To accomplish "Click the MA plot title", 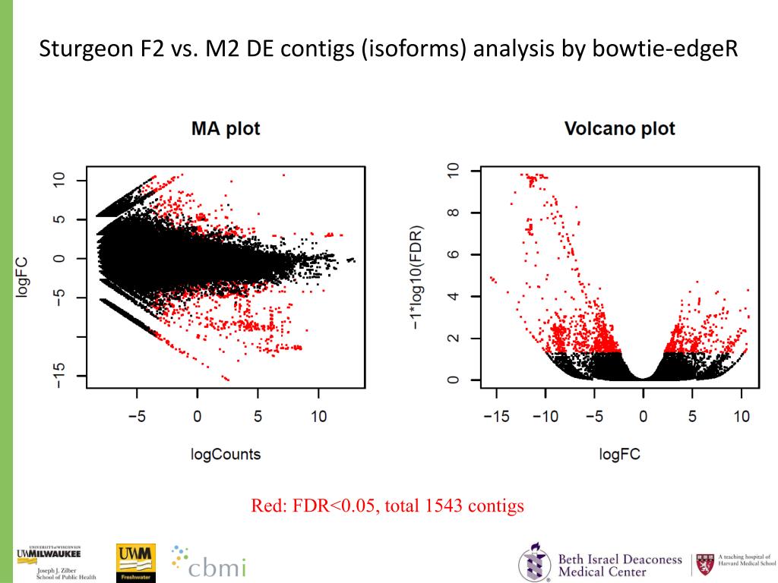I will coord(225,129).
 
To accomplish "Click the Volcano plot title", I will coord(619,129).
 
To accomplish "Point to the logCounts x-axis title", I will coord(225,455).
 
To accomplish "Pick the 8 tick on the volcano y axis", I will coord(454,213).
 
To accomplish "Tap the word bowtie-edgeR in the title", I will coord(672,51).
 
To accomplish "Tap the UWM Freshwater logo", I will coord(135,563).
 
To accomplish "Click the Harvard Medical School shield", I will coord(706,564).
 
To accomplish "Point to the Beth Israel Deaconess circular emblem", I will coord(535,564).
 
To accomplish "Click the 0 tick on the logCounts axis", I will coord(197,416).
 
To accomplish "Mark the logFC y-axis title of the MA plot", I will coord(24,278).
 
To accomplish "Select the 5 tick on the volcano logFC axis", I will coord(692,416).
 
